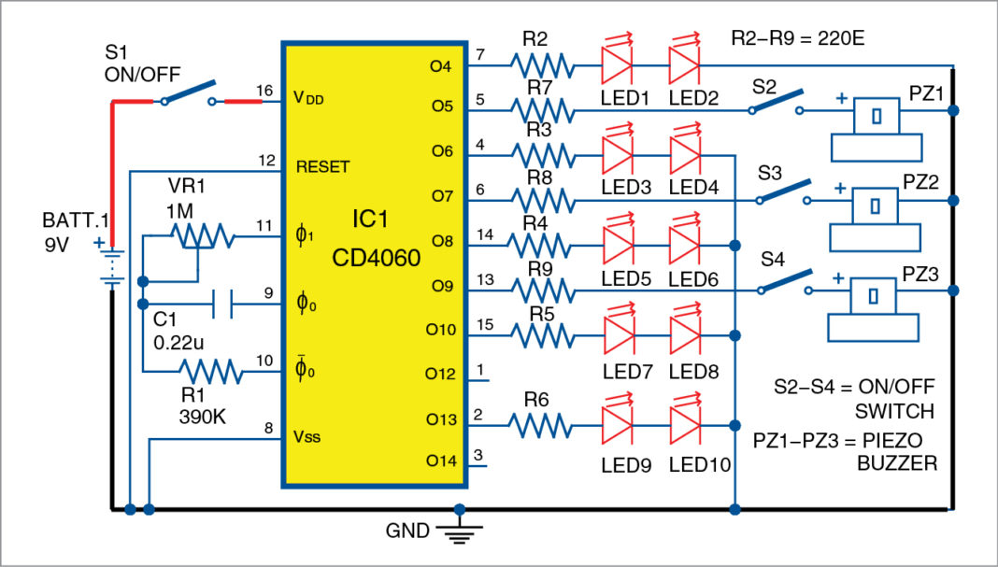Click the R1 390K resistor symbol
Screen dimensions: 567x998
tap(211, 372)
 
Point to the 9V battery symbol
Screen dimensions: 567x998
tap(111, 264)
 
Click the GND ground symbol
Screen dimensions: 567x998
tap(458, 533)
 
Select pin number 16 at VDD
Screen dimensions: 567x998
tap(264, 89)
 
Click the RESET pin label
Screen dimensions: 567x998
tap(322, 167)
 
